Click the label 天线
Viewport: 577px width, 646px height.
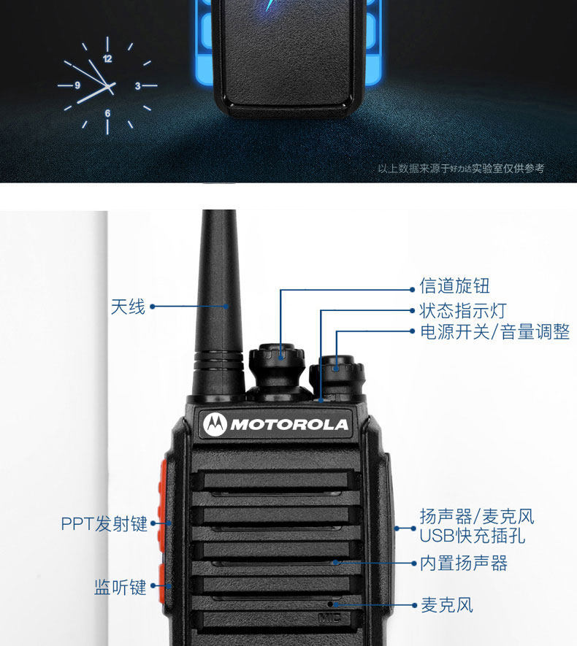coord(128,307)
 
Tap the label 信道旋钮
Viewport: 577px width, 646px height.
coord(454,285)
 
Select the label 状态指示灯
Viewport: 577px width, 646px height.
coord(462,311)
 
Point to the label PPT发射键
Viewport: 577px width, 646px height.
coord(104,523)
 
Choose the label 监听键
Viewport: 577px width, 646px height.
coord(121,587)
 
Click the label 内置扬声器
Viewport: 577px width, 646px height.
coord(463,563)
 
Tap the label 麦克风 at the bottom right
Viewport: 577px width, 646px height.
coord(446,605)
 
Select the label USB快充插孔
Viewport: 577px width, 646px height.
coord(473,537)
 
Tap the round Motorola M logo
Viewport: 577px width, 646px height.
coord(216,424)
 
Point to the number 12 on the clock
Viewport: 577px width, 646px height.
coord(108,58)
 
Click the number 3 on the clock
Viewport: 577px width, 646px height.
coord(137,86)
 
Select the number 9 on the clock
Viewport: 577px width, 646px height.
coord(77,85)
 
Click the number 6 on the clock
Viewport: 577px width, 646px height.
coord(107,113)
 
